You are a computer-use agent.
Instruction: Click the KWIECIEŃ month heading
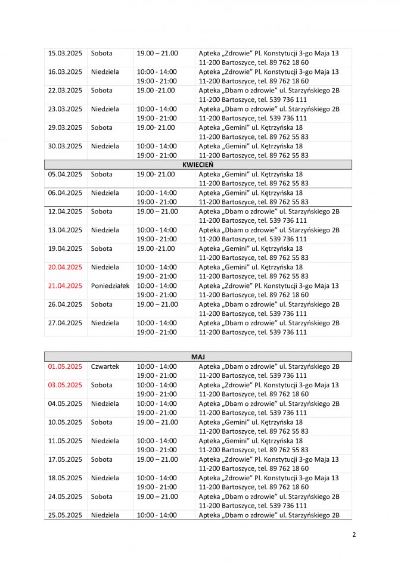point(198,164)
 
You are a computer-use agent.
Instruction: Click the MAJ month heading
point(198,356)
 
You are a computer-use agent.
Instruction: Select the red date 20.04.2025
point(65,267)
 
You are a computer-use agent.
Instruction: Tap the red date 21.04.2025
point(65,285)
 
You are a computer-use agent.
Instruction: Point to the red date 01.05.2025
point(65,366)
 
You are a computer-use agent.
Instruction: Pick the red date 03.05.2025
point(65,385)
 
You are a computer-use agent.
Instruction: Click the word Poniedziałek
point(110,285)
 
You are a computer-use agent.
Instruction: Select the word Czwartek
point(105,366)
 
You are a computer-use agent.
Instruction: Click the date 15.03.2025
point(65,54)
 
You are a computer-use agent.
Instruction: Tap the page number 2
point(354,534)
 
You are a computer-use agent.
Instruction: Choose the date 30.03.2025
point(65,146)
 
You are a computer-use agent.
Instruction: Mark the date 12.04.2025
point(65,212)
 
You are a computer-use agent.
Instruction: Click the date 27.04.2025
point(65,323)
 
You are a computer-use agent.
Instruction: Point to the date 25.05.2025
point(65,515)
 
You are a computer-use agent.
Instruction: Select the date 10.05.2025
point(65,422)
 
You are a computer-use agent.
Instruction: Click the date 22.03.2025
point(65,91)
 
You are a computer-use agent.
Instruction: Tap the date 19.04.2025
point(65,248)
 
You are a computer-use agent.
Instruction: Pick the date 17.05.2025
point(65,459)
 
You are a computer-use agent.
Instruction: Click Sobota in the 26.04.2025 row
point(102,304)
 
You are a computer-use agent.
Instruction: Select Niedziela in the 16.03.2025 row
point(105,72)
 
